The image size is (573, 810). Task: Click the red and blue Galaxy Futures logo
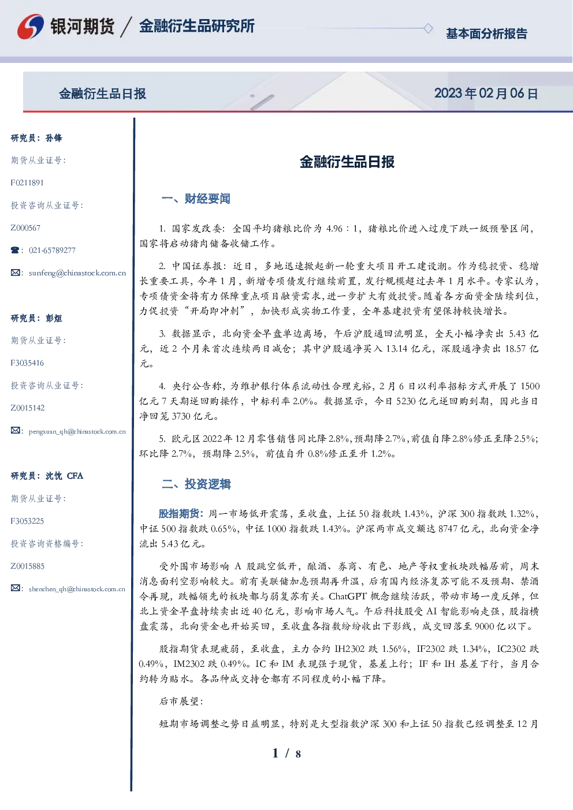click(31, 26)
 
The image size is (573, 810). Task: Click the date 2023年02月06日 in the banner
click(486, 94)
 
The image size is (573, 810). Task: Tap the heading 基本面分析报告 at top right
click(486, 33)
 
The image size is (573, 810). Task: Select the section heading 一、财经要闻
click(196, 199)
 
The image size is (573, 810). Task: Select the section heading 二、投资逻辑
click(196, 484)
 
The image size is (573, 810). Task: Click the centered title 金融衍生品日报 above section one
click(347, 162)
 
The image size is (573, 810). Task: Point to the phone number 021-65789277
click(52, 250)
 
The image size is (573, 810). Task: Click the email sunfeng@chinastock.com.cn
click(77, 273)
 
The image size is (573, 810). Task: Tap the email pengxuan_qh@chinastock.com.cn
click(77, 431)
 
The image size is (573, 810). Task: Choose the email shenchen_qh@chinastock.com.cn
click(77, 589)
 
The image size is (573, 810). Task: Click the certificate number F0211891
click(27, 182)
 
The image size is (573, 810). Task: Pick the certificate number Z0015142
click(28, 408)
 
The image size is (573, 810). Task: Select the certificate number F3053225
click(27, 521)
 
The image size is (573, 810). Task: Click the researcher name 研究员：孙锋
click(36, 138)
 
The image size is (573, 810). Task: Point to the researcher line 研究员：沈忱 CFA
click(47, 476)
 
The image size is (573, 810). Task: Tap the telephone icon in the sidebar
click(15, 250)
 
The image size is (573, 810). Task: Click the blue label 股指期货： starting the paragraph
click(181, 513)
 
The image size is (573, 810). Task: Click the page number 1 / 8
click(286, 753)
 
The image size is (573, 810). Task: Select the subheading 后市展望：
click(181, 701)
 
